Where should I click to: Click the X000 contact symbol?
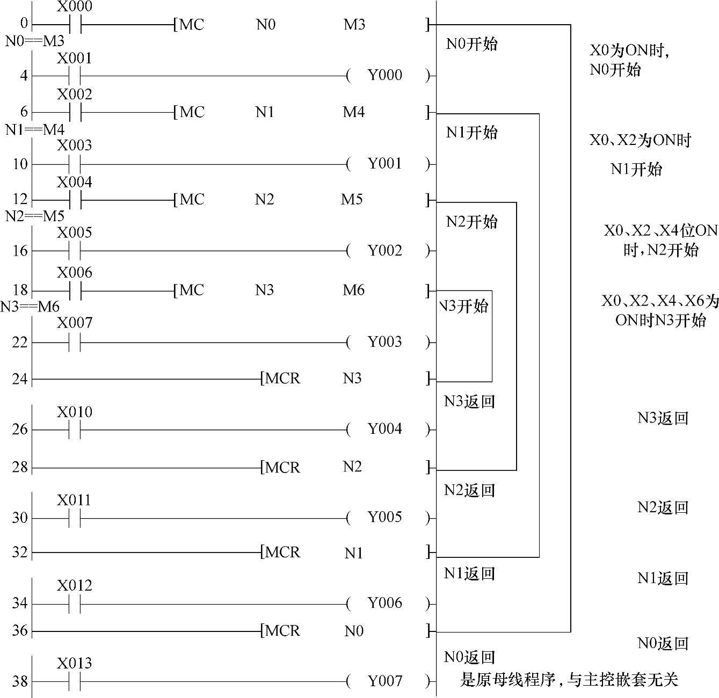coord(75,25)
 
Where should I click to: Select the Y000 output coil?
coord(385,75)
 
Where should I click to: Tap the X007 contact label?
coord(75,323)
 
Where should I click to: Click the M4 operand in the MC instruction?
coord(354,112)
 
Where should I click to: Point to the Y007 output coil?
coord(385,681)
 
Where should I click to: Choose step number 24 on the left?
coord(20,380)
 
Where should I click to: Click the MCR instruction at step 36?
coord(281,631)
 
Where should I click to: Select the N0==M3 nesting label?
coord(35,41)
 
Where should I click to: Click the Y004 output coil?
coord(385,429)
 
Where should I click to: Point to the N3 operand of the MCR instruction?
coord(352,379)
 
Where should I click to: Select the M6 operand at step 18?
coord(354,290)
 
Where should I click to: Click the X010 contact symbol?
coord(75,430)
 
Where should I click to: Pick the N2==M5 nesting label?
coord(35,216)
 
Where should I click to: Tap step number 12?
coord(20,200)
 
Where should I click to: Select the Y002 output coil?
coord(385,251)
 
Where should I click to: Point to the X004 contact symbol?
coord(75,200)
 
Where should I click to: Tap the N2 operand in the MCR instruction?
coord(352,467)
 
